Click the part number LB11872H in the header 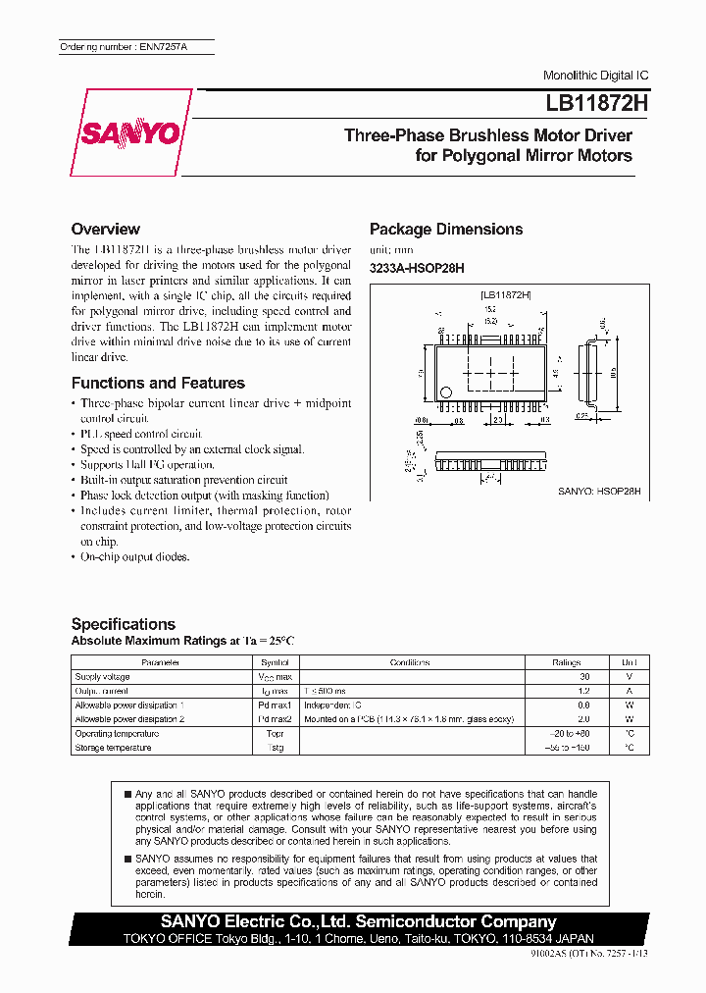coord(592,102)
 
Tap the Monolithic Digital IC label coord(595,76)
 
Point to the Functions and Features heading coord(158,384)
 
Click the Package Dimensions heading coord(445,230)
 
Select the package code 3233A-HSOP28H coord(416,268)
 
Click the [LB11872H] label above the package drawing coord(505,294)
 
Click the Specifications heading coord(124,624)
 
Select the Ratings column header coord(566,662)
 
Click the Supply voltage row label coord(102,677)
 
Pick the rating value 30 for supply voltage coord(583,677)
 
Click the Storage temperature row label coord(113,748)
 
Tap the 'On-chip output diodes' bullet coord(134,557)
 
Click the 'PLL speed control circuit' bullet coord(141,434)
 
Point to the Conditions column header coord(409,662)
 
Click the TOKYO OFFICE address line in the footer coord(358,938)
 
